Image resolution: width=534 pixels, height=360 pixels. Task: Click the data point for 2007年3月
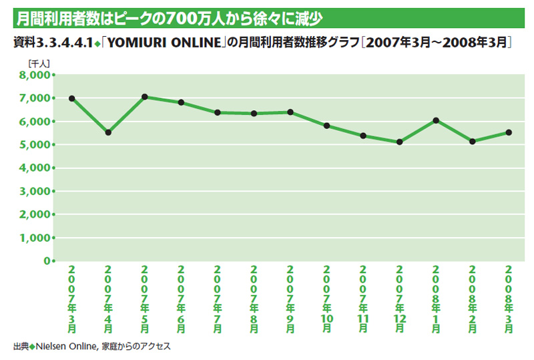coord(71,98)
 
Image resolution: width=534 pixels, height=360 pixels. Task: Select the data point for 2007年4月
coord(108,132)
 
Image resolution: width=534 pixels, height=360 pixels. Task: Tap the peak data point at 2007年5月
coord(145,97)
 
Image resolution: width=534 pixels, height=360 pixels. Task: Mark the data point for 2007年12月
coord(399,142)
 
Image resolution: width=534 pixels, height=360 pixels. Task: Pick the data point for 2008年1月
coord(436,120)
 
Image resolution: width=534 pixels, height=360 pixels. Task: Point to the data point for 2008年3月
coord(509,132)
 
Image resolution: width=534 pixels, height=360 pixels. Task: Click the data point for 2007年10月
coord(326,126)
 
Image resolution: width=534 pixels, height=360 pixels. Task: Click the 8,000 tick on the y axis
coord(35,75)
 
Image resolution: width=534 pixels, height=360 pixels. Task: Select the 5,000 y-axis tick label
coord(35,145)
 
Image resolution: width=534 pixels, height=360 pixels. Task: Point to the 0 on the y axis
coord(47,260)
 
